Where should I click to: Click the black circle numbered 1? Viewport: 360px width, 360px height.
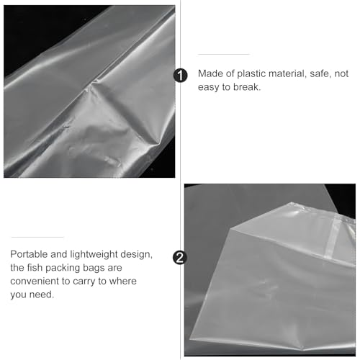click(x=180, y=76)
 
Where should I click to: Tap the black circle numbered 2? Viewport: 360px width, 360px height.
click(x=180, y=258)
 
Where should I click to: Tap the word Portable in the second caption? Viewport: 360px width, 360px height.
click(x=29, y=254)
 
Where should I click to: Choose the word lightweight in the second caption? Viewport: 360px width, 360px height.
click(x=94, y=254)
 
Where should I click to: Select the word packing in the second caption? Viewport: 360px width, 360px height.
click(x=63, y=268)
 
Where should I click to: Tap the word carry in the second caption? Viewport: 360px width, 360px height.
click(x=84, y=282)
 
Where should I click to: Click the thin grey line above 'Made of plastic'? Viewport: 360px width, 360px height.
click(x=224, y=54)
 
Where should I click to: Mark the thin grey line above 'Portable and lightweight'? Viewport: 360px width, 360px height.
click(x=37, y=237)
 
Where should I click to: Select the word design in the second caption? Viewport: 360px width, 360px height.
click(x=136, y=254)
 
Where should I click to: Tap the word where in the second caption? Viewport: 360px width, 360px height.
click(x=123, y=281)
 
